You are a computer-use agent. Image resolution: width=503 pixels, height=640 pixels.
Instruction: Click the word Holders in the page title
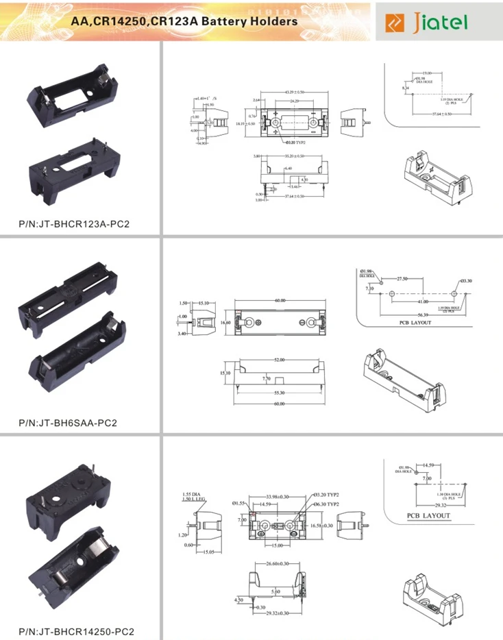point(273,21)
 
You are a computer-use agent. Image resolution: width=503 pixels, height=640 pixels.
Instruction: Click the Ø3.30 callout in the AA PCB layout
point(465,281)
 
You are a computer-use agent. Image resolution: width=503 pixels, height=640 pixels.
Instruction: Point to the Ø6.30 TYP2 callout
point(326,504)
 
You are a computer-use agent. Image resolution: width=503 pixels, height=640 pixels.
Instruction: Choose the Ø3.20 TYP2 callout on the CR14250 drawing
point(326,495)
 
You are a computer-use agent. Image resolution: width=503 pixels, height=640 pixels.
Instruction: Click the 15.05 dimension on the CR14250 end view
point(206,552)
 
